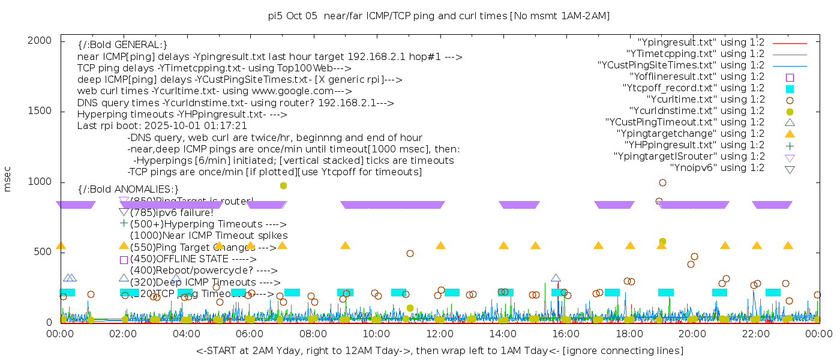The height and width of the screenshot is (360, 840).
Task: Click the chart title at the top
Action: tap(439, 16)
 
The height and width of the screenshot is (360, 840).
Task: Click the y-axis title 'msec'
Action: tap(8, 180)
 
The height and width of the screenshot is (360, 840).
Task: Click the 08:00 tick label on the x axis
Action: tap(313, 334)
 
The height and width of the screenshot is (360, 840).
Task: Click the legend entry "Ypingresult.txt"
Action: tap(701, 43)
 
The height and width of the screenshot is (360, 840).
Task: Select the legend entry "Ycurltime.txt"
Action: tap(705, 100)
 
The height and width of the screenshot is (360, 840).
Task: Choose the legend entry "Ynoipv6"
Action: tap(717, 168)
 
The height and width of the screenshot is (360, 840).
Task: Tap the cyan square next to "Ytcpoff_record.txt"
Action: tap(790, 89)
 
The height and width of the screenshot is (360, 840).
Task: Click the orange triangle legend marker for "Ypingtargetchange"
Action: tap(790, 133)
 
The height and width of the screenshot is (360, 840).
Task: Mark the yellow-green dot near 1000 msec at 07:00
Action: tap(283, 186)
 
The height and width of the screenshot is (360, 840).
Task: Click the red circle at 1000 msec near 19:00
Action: tap(662, 182)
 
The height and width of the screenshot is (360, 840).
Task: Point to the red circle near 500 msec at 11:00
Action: tap(410, 253)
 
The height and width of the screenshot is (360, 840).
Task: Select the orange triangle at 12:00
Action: tap(440, 245)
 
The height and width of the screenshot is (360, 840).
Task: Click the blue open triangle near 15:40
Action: tap(556, 278)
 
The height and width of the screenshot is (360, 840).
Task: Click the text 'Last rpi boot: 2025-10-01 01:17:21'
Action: tap(162, 126)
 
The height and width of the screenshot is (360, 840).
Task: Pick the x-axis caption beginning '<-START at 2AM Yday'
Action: tap(439, 350)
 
